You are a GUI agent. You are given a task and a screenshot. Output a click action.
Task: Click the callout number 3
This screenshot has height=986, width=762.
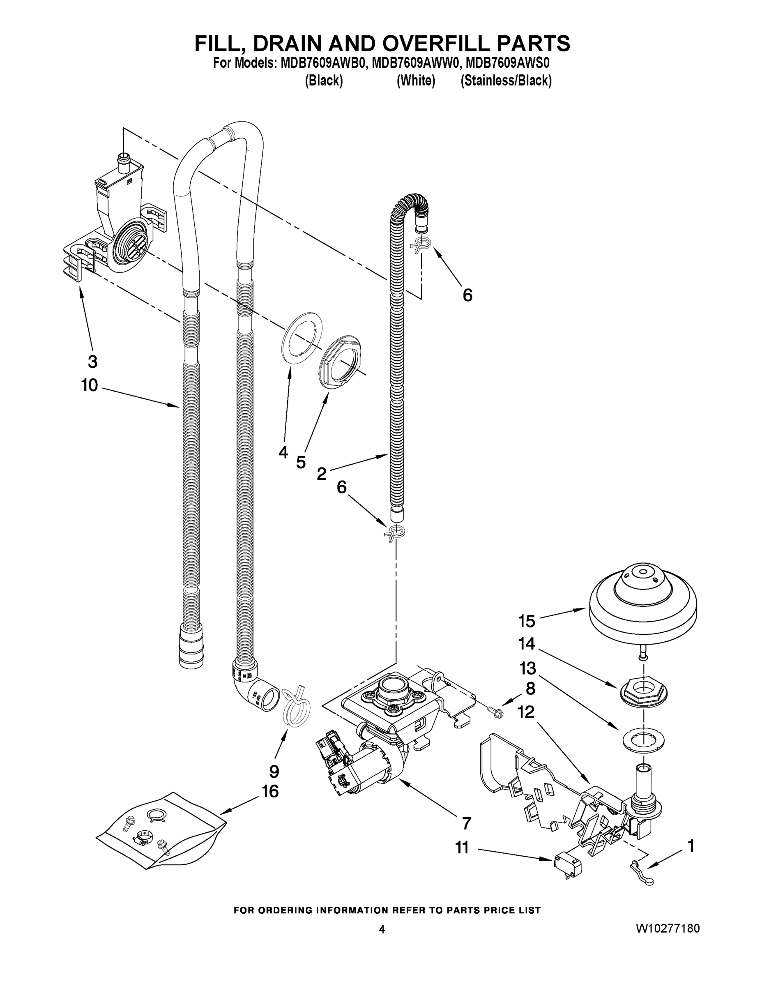click(x=92, y=361)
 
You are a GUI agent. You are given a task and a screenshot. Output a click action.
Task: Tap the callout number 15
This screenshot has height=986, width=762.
click(x=526, y=621)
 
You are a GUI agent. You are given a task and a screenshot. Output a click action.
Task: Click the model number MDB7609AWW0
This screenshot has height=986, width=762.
click(x=415, y=63)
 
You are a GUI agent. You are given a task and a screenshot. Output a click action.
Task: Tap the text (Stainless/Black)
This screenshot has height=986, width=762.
click(x=506, y=81)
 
